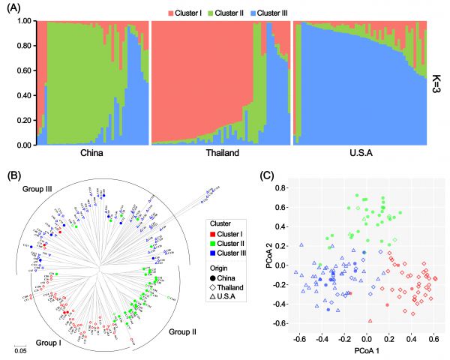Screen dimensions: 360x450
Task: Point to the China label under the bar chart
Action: point(90,155)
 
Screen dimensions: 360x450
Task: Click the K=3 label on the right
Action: point(439,82)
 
